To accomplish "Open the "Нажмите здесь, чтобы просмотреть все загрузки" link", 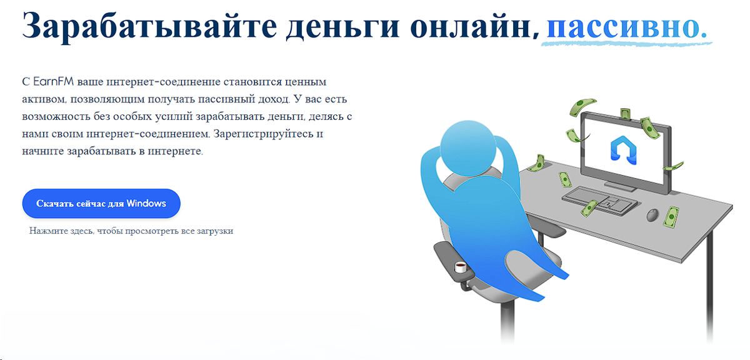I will tap(131, 231).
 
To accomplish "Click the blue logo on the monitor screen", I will tap(622, 151).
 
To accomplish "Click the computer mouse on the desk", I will tap(651, 214).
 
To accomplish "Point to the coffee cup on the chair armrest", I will tap(461, 267).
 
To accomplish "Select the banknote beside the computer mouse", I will tap(672, 216).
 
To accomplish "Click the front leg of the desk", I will tap(709, 281).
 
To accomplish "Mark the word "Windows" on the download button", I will tap(146, 203).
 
